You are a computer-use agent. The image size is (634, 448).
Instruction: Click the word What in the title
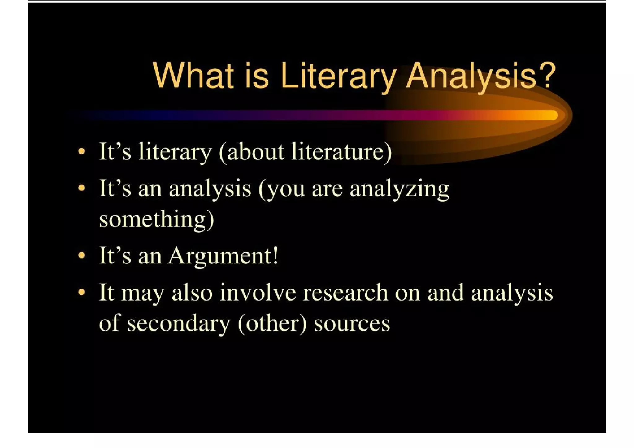click(x=193, y=76)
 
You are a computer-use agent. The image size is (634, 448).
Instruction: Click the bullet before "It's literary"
click(x=81, y=152)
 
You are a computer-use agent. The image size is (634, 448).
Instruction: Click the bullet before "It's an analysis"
click(x=81, y=188)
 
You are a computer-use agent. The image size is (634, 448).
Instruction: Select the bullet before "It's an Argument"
click(x=81, y=256)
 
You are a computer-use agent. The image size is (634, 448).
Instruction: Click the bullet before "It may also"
click(x=81, y=292)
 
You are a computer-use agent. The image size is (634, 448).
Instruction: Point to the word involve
click(x=258, y=292)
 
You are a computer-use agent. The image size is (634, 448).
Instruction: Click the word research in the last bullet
click(x=345, y=292)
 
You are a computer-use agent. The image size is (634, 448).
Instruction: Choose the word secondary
click(x=179, y=324)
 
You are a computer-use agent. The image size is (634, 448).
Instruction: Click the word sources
click(x=352, y=324)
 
